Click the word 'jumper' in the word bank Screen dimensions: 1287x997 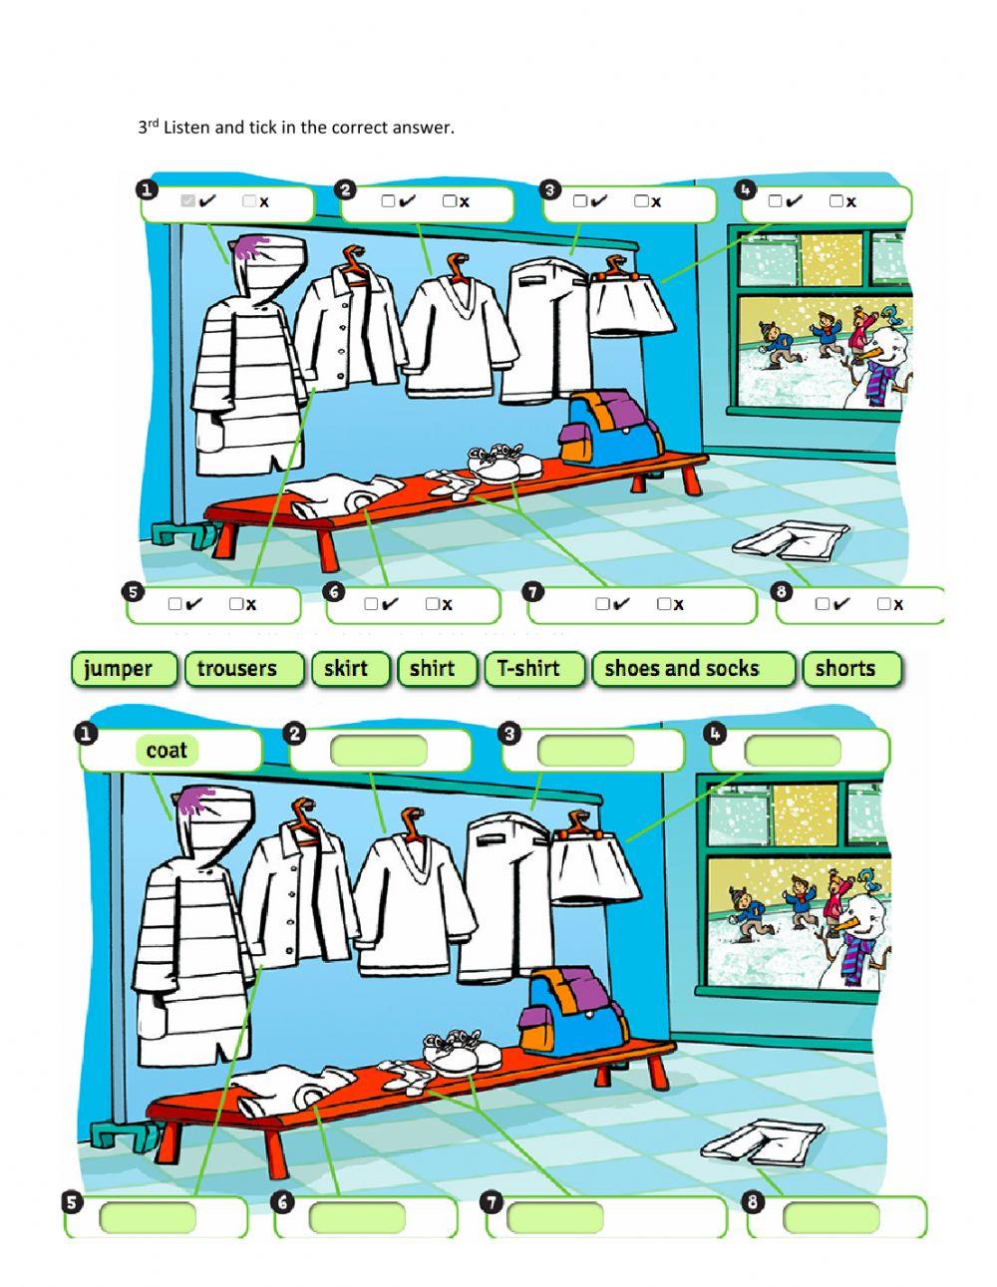pyautogui.click(x=119, y=669)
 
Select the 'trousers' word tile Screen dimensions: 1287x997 pyautogui.click(x=236, y=669)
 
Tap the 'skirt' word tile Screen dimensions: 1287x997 pyautogui.click(x=346, y=669)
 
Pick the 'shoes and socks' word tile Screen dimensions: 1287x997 pyautogui.click(x=682, y=669)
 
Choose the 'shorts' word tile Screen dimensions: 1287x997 pyautogui.click(x=844, y=669)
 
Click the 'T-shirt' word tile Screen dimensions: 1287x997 pyautogui.click(x=528, y=669)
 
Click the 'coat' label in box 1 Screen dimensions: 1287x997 pyautogui.click(x=166, y=751)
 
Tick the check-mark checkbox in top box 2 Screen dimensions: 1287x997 pyautogui.click(x=388, y=201)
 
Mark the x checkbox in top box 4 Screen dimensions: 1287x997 pyautogui.click(x=835, y=201)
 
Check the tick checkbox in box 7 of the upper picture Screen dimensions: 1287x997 pyautogui.click(x=602, y=604)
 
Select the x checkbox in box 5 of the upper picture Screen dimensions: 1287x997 pyautogui.click(x=235, y=604)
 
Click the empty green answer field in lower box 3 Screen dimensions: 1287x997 pyautogui.click(x=585, y=751)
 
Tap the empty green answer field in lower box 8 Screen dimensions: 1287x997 pyautogui.click(x=831, y=1217)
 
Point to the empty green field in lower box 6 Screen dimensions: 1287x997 pyautogui.click(x=357, y=1217)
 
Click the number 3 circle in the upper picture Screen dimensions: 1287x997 pyautogui.click(x=548, y=189)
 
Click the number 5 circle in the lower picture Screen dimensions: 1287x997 pyautogui.click(x=72, y=1202)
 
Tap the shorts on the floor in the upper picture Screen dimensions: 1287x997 pyautogui.click(x=790, y=541)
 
